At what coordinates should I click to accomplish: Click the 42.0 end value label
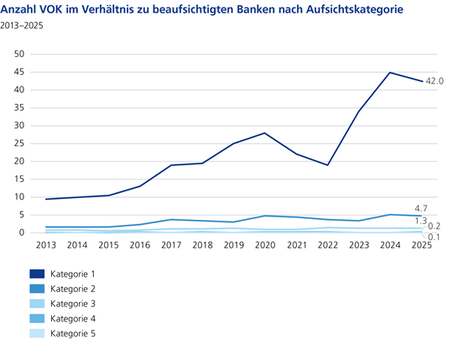point(435,81)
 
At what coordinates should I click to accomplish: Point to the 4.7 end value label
point(424,207)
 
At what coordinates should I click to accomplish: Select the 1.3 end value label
point(421,220)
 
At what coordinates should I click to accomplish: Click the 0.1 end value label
point(435,237)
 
